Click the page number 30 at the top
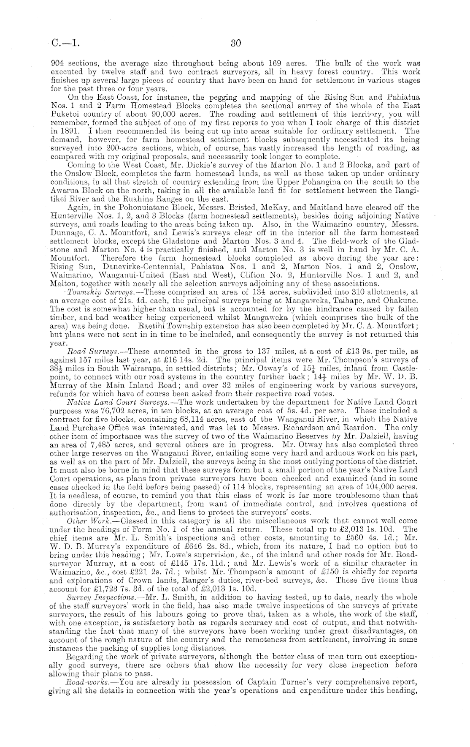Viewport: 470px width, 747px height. pyautogui.click(x=235, y=43)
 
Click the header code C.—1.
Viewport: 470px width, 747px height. pyautogui.click(x=65, y=43)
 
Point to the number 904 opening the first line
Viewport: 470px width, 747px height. pyautogui.click(x=57, y=63)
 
